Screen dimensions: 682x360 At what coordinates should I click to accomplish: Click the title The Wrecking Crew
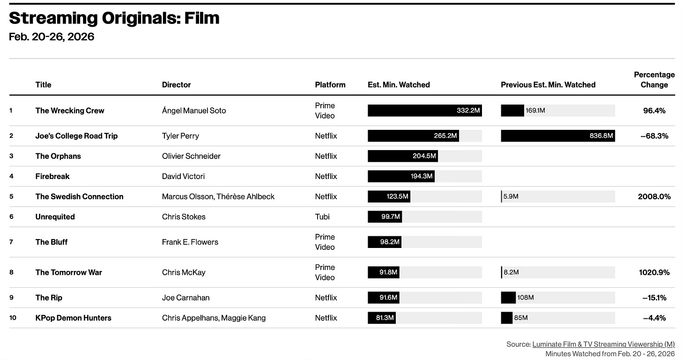click(70, 111)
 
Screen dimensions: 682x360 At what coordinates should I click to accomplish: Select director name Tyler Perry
click(180, 136)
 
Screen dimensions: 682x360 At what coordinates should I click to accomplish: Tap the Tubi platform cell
click(322, 217)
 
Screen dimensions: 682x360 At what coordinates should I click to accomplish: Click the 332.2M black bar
click(425, 111)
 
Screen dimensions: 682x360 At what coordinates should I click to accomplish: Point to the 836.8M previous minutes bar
click(558, 136)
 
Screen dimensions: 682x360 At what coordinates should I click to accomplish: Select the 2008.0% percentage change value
click(654, 196)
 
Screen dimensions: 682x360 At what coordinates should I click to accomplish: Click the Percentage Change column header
click(654, 80)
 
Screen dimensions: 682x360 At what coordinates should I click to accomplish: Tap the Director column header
click(176, 85)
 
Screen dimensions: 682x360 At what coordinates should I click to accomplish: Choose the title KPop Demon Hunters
click(74, 318)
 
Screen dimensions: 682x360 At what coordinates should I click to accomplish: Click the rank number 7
click(11, 242)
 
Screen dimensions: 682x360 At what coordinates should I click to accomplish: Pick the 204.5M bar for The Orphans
click(403, 156)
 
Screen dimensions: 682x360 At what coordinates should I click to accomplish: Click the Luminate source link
click(603, 344)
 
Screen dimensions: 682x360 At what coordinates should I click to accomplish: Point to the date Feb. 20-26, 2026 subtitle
click(52, 37)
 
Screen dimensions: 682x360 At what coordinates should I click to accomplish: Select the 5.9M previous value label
click(511, 196)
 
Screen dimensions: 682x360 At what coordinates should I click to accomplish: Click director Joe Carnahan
click(185, 298)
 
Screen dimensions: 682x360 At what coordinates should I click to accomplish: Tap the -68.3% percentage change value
click(654, 136)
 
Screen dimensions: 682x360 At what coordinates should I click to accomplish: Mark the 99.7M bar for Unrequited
click(385, 217)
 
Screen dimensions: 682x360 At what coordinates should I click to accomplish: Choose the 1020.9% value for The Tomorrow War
click(654, 272)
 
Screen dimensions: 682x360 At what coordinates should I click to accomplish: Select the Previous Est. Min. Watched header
click(548, 85)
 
